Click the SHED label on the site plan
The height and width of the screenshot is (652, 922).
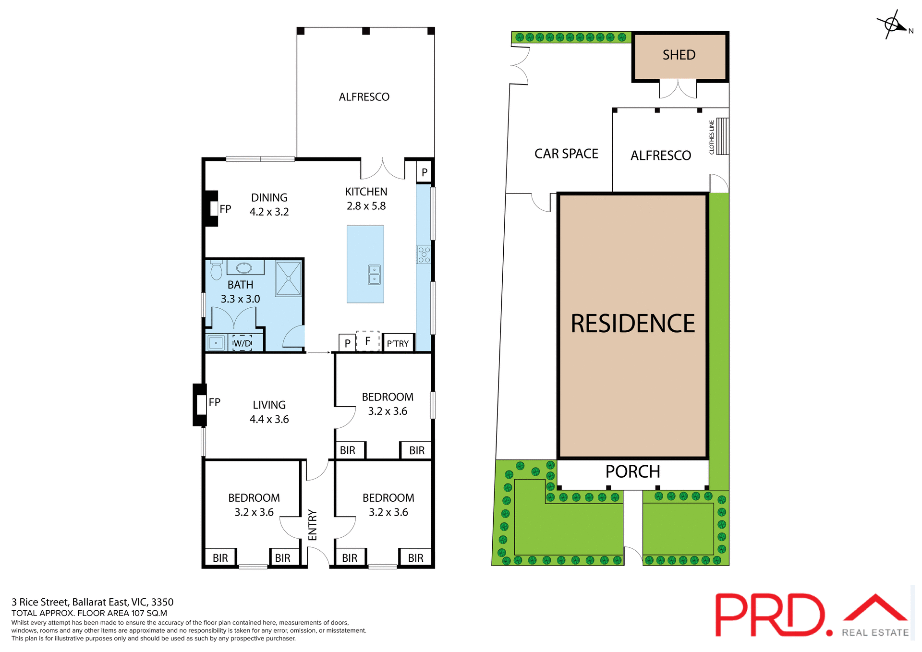[x=679, y=55]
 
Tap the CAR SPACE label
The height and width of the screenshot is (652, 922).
[x=566, y=154]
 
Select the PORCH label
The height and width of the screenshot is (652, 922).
[x=632, y=472]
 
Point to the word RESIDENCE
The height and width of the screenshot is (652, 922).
[x=632, y=324]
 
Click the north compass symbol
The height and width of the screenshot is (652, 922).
[x=892, y=24]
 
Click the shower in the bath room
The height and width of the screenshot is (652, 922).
[x=288, y=278]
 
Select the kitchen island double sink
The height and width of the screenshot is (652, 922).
[x=374, y=275]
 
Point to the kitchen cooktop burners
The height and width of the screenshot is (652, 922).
[x=424, y=255]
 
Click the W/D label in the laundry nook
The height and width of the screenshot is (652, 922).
[x=242, y=343]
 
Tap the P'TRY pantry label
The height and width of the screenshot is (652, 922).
[x=398, y=344]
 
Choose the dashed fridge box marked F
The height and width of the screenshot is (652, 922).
[x=368, y=341]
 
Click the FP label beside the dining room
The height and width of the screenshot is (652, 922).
[x=225, y=209]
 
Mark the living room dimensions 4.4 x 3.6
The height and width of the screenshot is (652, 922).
[x=269, y=420]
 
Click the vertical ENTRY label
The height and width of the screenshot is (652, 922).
[x=313, y=525]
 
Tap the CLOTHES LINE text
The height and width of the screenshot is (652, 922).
[x=712, y=137]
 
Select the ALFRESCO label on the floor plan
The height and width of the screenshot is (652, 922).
[x=364, y=97]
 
